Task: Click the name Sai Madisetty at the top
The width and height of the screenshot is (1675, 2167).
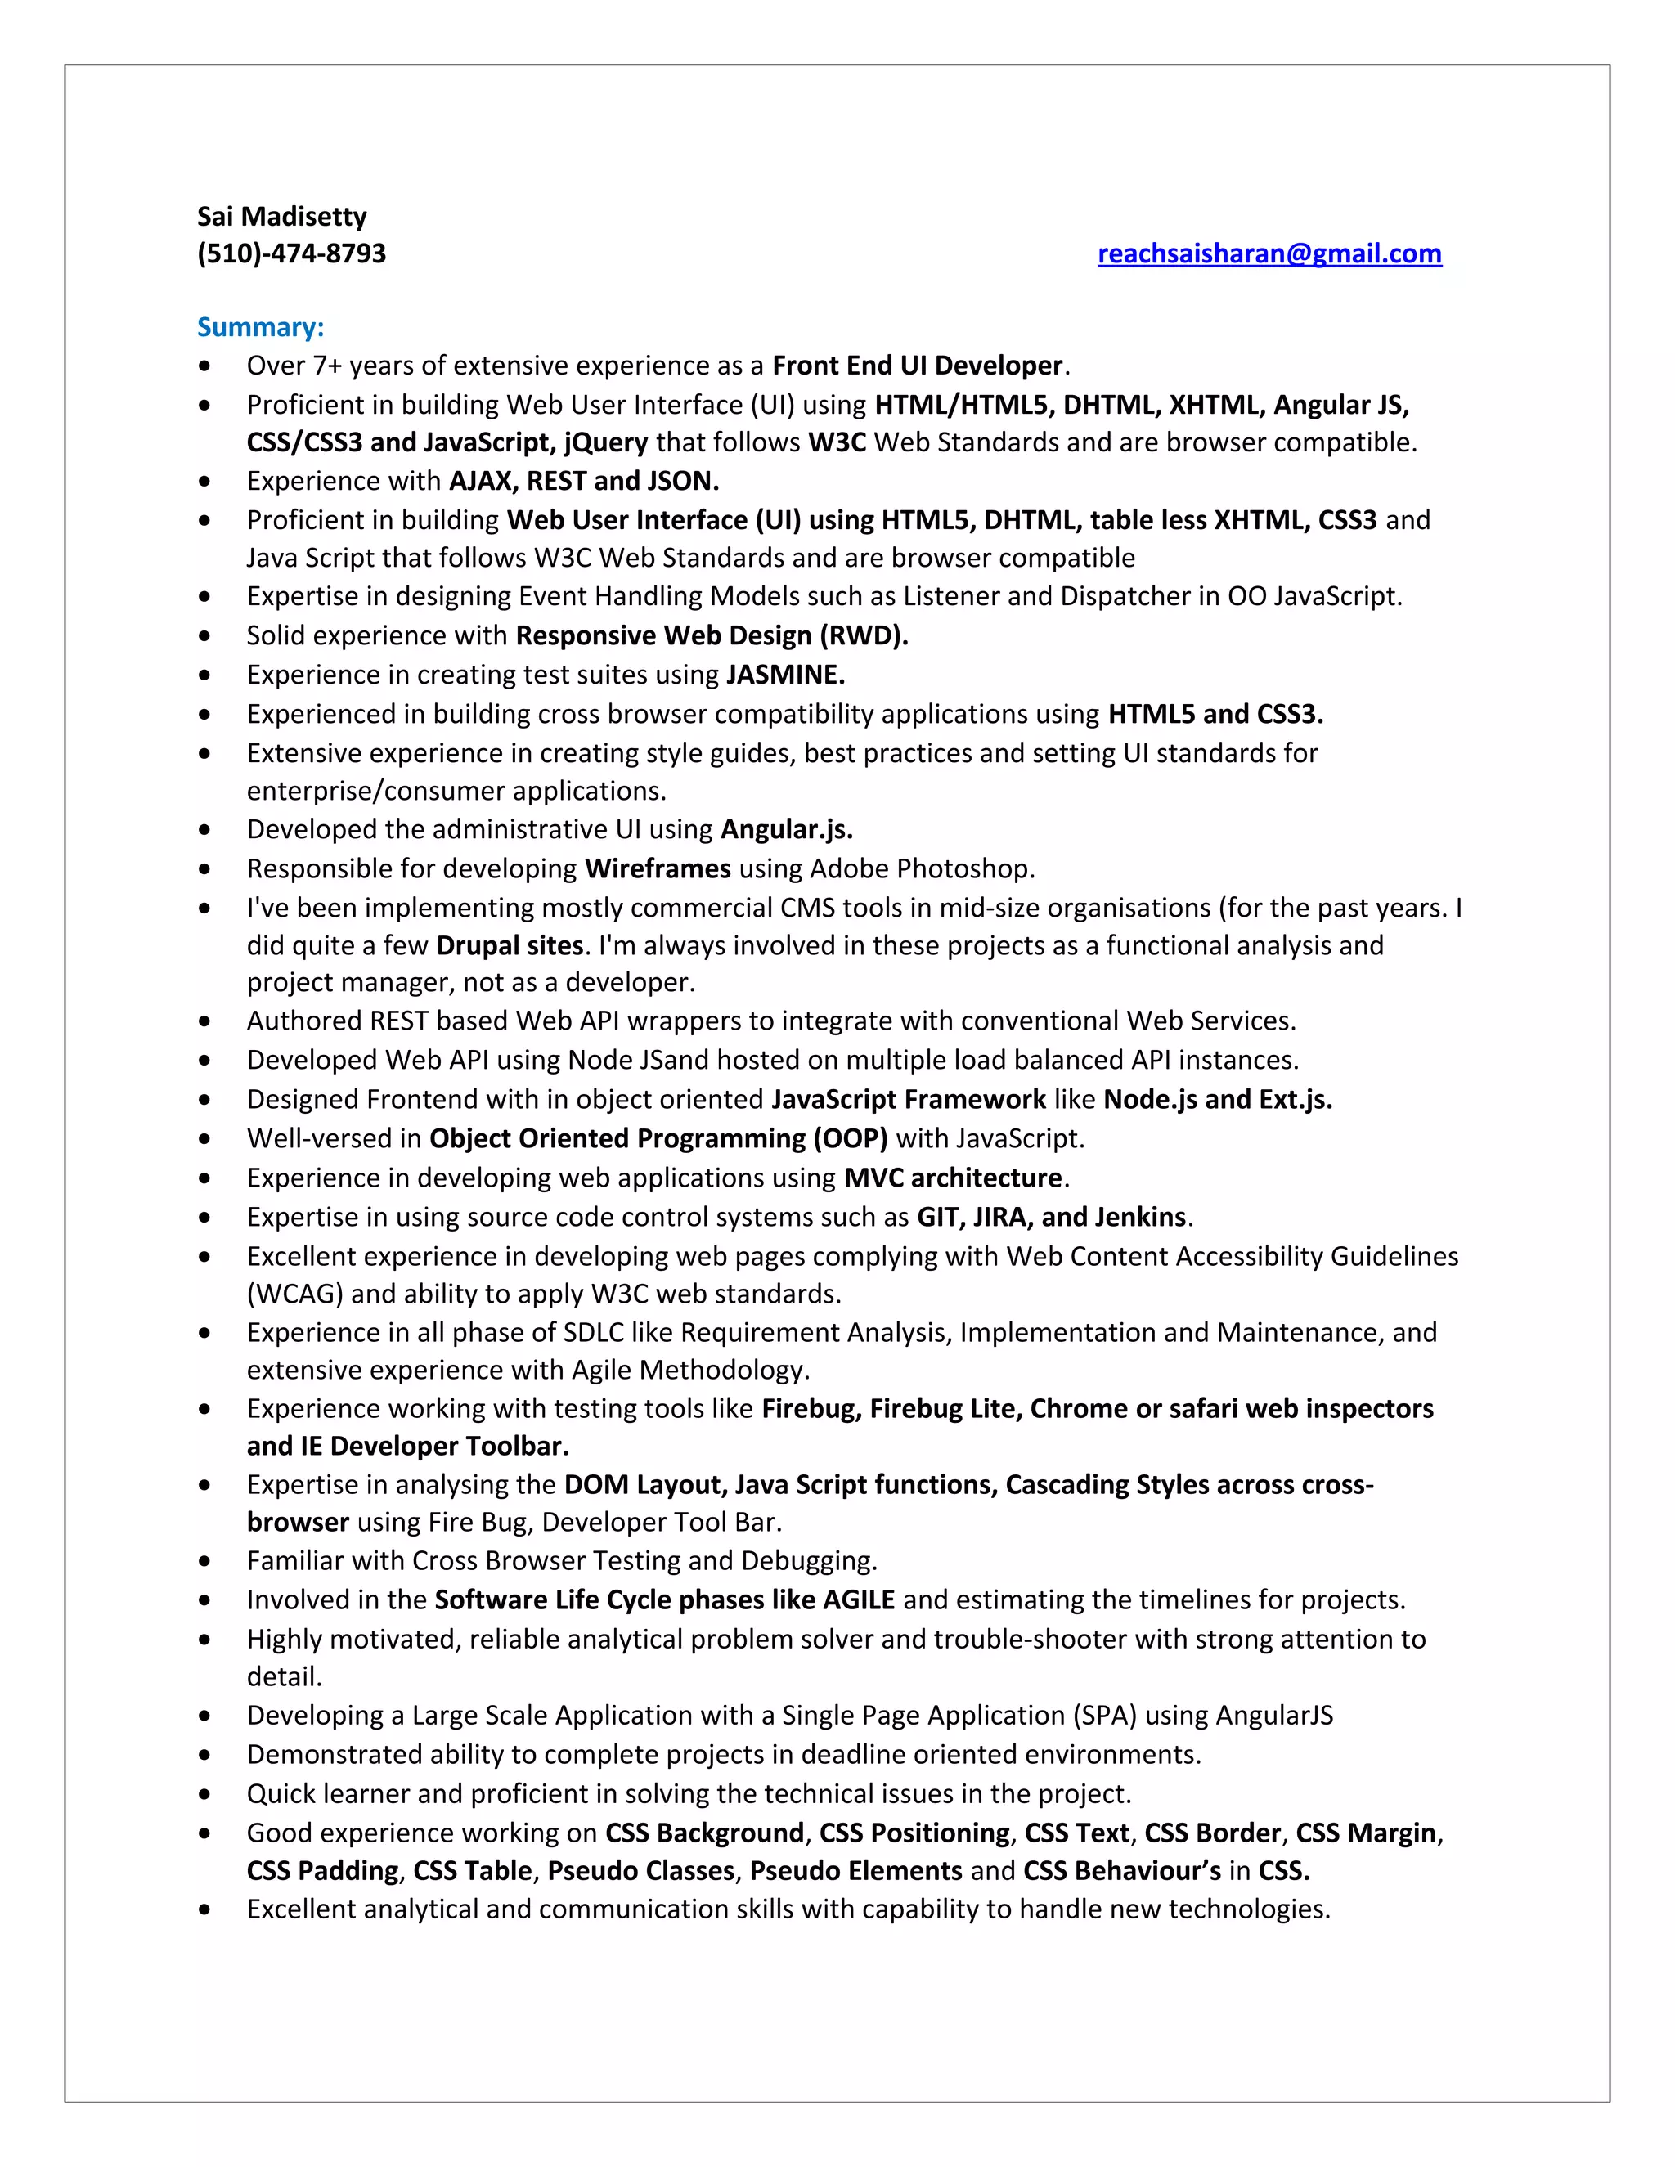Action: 282,217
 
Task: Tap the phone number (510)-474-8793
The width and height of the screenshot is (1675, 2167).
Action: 292,254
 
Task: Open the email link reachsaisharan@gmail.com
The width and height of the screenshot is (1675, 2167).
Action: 1269,254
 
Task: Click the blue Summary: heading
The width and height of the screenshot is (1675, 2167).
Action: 261,327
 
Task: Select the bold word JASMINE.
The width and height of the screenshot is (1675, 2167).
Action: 785,675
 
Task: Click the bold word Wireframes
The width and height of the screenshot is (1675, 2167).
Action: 658,869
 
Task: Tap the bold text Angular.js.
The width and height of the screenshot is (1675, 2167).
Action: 787,829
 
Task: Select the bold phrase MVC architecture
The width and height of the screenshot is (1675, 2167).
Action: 953,1178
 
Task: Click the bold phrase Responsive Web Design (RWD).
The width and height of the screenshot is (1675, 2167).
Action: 712,636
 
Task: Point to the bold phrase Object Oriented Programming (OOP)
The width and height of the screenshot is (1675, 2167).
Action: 658,1139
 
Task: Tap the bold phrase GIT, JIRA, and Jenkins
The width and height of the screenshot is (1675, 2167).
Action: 1052,1218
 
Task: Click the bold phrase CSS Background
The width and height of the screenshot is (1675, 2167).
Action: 704,1833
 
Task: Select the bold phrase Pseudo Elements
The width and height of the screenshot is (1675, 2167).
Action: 855,1871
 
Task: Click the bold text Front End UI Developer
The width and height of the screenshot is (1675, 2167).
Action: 917,366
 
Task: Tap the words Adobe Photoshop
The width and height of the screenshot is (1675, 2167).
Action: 921,869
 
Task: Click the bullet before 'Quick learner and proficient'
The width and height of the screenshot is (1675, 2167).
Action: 204,1795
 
